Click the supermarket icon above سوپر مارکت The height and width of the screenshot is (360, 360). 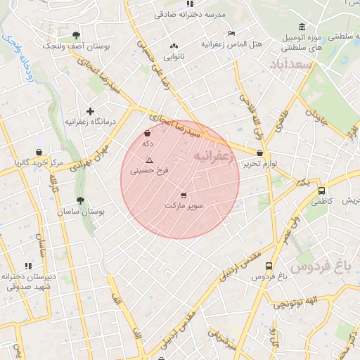click(x=184, y=195)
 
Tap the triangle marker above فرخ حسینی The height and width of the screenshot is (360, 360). click(x=148, y=160)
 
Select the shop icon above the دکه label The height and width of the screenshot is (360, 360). click(x=147, y=134)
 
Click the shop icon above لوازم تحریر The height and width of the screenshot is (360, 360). click(x=260, y=153)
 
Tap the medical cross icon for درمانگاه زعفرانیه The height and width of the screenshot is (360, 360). click(x=90, y=111)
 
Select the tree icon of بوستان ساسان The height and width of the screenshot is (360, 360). click(x=79, y=200)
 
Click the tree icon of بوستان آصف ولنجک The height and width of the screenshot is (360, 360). click(x=76, y=35)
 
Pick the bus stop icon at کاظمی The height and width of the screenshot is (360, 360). click(x=321, y=191)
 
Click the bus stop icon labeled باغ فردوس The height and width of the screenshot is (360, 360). click(x=269, y=266)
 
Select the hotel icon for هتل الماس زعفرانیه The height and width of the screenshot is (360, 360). click(x=232, y=33)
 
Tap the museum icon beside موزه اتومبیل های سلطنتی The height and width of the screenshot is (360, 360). click(x=302, y=28)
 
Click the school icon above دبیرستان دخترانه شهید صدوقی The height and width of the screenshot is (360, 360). click(x=28, y=266)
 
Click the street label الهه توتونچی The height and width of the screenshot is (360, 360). click(x=295, y=303)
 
